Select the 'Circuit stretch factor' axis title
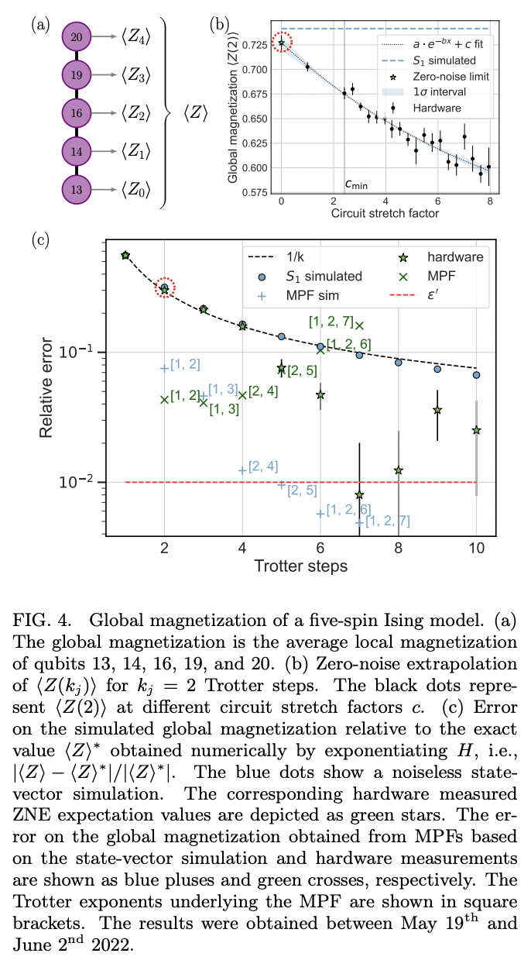click(385, 212)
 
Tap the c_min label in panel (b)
click(355, 184)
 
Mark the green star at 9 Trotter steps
click(437, 410)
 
